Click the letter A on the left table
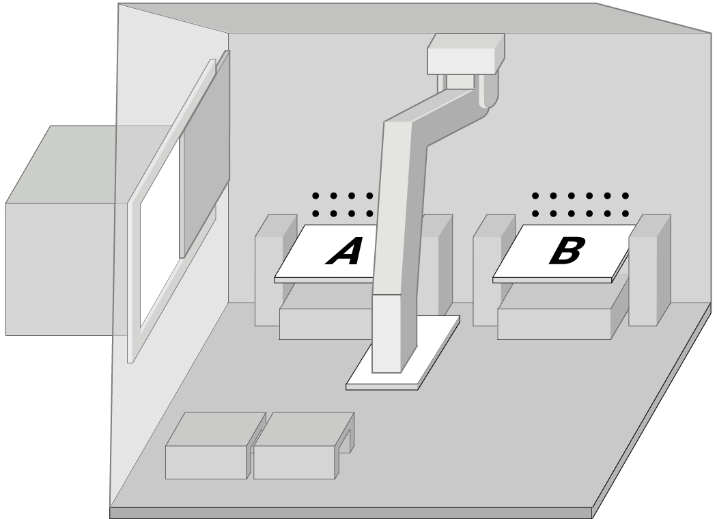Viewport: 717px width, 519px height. tap(343, 251)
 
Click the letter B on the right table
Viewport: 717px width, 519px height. tap(567, 251)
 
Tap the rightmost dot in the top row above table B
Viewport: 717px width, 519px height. tap(625, 196)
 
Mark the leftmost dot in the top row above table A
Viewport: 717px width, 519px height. tap(315, 196)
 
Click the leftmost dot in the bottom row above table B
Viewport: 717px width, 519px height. tap(535, 214)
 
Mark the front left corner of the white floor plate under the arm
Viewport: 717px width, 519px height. tap(347, 387)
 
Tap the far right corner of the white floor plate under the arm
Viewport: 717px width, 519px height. tap(459, 316)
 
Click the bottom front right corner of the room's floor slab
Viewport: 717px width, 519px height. tap(593, 518)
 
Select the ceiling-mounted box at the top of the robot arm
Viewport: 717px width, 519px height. tap(466, 53)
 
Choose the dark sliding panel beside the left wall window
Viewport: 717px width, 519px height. tap(205, 154)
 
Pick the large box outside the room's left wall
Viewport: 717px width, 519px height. tap(60, 230)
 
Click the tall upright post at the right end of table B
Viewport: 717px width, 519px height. tap(650, 270)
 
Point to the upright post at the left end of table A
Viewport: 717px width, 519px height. tap(276, 270)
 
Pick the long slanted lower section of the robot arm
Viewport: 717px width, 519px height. tap(395, 247)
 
